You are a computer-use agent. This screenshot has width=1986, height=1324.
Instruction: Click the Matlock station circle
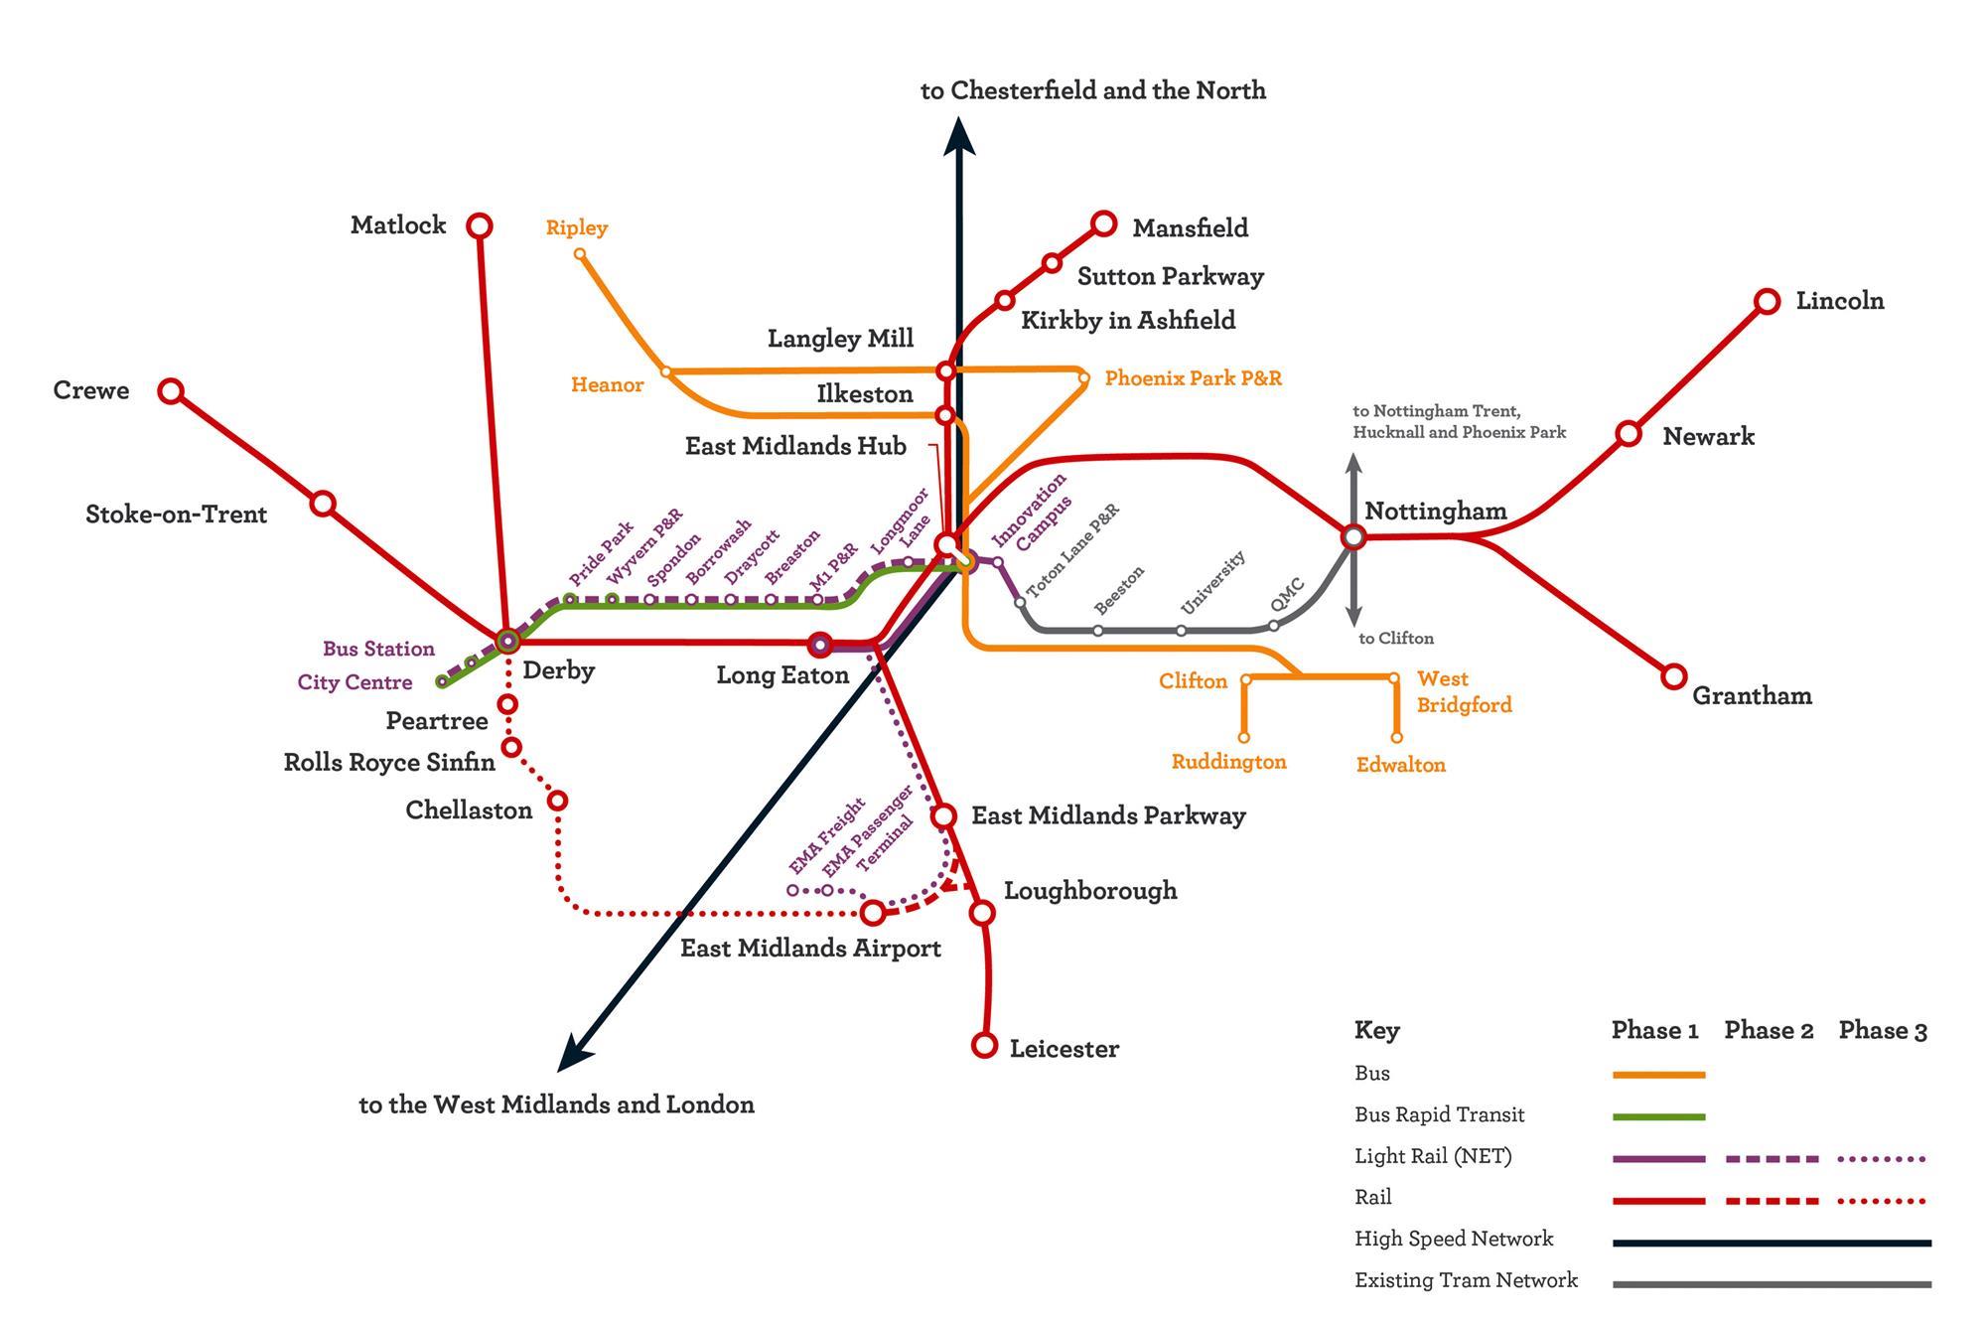(x=480, y=226)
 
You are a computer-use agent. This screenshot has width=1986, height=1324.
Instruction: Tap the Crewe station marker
(x=171, y=390)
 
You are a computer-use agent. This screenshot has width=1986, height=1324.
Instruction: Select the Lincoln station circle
(x=1768, y=302)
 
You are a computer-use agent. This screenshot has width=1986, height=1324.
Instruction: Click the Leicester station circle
(x=984, y=1045)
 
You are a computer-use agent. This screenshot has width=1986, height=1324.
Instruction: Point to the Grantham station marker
(x=1674, y=676)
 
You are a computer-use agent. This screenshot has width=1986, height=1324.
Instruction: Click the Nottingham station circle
(x=1352, y=537)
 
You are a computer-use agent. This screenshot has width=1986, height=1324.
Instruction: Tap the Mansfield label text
(x=1190, y=228)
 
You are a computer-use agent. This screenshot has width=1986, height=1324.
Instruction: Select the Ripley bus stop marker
(x=581, y=254)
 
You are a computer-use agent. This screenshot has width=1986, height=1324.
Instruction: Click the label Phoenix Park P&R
(x=1193, y=378)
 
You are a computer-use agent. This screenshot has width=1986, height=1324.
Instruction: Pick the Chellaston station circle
(x=558, y=801)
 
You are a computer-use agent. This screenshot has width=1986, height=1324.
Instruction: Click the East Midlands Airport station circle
(x=872, y=912)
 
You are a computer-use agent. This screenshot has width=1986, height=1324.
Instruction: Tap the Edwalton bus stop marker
(x=1396, y=738)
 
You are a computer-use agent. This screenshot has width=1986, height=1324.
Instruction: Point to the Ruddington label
(x=1228, y=762)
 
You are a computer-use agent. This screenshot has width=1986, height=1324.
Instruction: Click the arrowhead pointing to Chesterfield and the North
(x=958, y=136)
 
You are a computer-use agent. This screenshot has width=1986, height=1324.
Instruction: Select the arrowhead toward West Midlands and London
(x=573, y=1054)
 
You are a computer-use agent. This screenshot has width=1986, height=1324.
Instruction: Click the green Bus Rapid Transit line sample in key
(x=1658, y=1116)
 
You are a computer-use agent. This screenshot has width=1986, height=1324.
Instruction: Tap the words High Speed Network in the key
(x=1454, y=1239)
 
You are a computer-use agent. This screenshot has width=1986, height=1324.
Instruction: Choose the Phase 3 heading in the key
(x=1883, y=1031)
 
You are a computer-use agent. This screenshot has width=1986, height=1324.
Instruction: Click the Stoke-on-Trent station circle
(x=323, y=504)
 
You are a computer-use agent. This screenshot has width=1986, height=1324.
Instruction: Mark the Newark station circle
(x=1629, y=433)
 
